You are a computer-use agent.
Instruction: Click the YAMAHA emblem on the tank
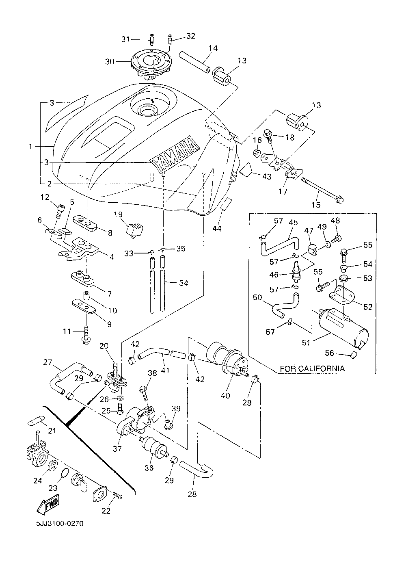pos(175,154)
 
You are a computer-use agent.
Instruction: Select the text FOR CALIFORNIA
pos(312,369)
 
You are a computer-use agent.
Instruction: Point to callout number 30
pos(110,62)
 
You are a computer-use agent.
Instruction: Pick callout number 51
pos(307,342)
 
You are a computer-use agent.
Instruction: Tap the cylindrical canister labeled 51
pos(343,328)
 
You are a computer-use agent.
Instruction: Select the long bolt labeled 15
pos(323,189)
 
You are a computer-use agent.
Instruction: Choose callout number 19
pos(118,214)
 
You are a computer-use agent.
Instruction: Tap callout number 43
pos(267,177)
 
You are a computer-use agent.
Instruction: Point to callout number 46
pos(274,275)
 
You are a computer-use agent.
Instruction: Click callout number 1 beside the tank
pos(30,147)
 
